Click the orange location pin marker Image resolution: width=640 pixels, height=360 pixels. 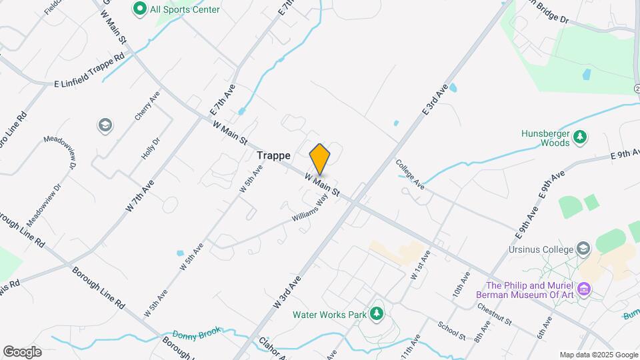click(320, 159)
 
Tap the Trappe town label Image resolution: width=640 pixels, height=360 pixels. click(273, 155)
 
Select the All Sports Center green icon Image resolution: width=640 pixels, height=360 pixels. click(140, 9)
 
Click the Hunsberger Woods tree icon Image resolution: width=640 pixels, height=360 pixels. click(581, 137)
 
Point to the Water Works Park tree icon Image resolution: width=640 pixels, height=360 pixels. click(377, 313)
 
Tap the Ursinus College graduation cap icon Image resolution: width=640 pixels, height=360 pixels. click(584, 249)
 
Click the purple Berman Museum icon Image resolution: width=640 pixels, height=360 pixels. click(585, 289)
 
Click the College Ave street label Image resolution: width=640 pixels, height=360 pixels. click(409, 173)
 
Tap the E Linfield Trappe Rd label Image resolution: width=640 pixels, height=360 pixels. click(89, 70)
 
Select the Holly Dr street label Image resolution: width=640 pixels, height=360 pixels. click(151, 149)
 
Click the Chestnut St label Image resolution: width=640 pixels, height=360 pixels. click(494, 315)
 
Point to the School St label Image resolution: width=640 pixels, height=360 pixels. click(451, 331)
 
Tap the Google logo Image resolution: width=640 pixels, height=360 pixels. click(22, 352)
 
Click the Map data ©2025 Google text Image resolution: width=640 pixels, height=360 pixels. click(598, 355)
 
